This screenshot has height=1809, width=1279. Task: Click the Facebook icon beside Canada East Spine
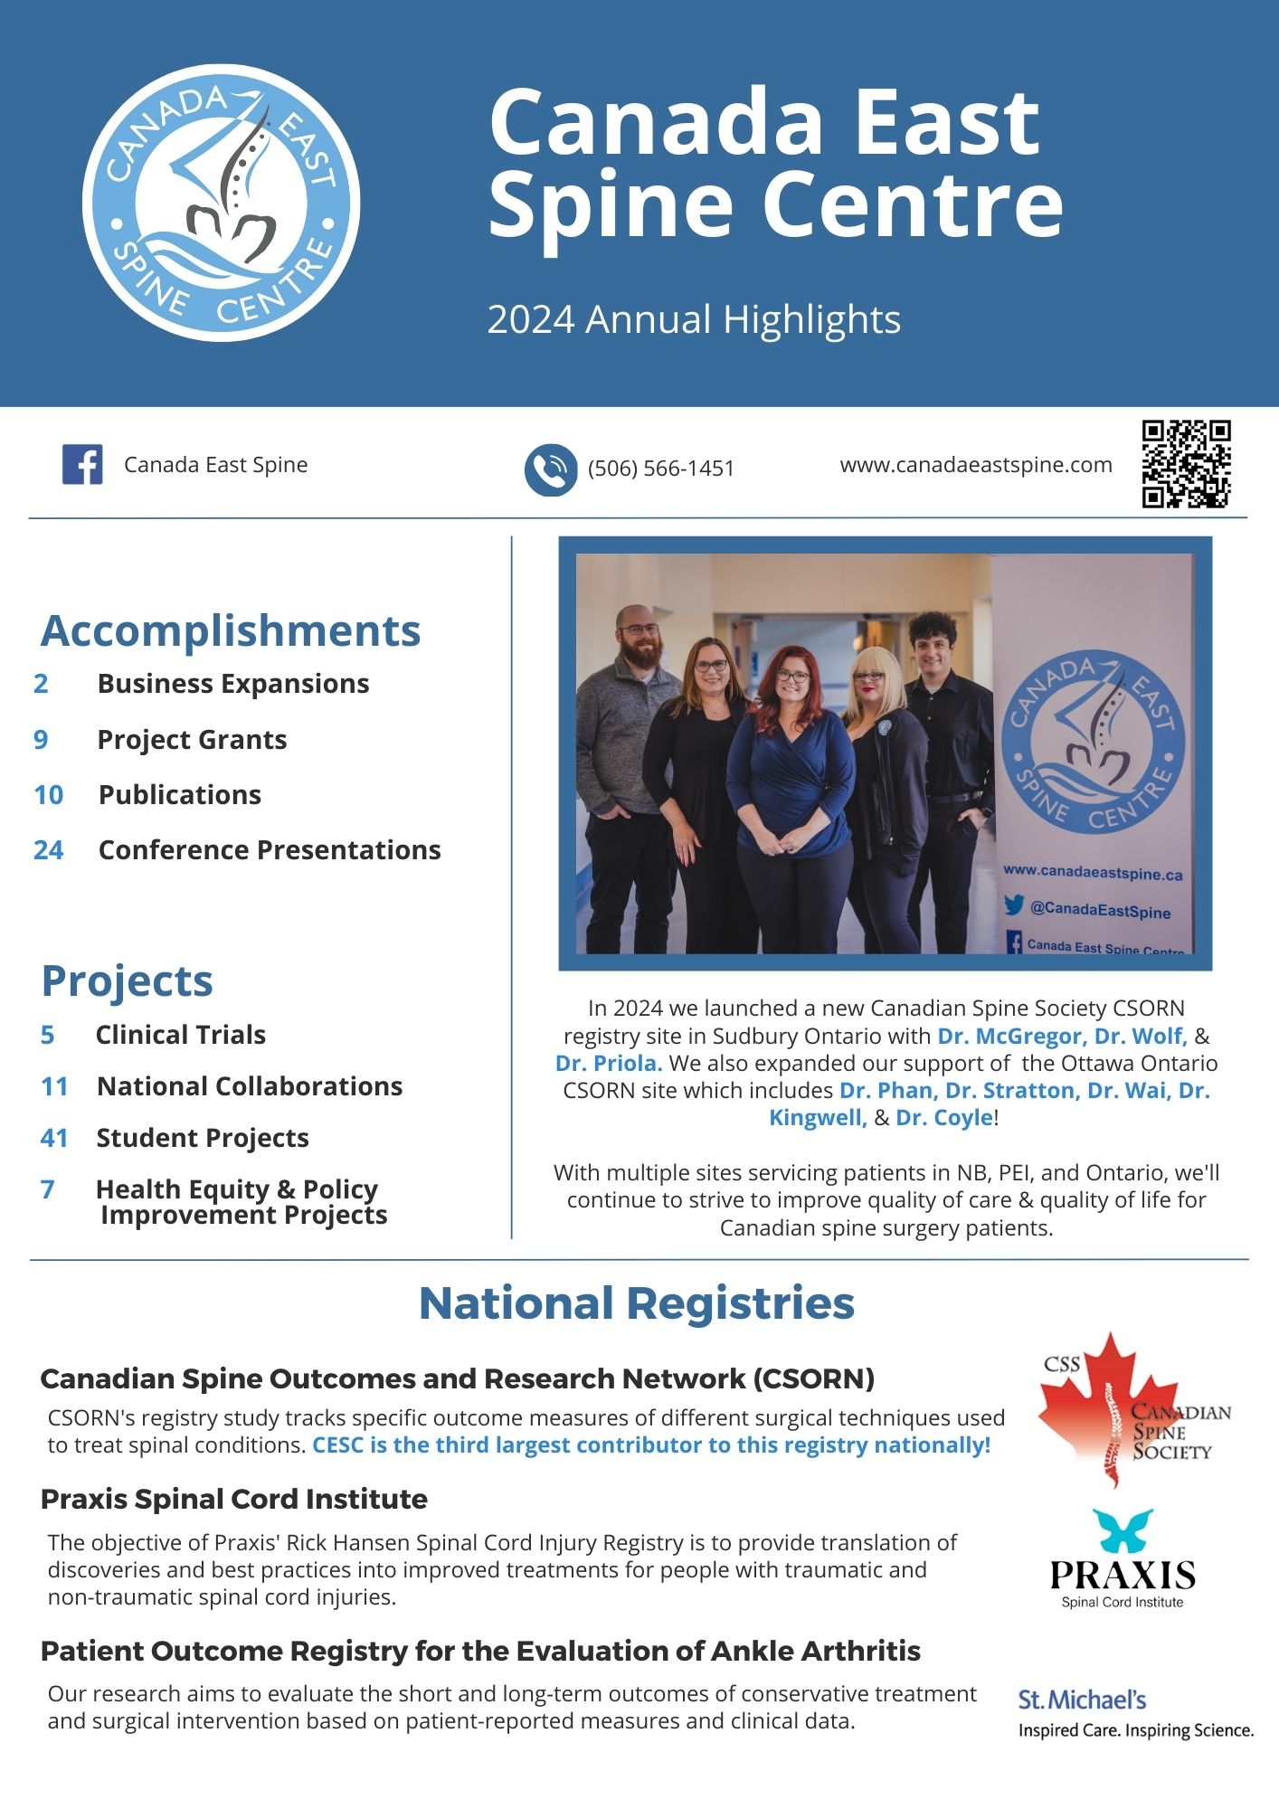click(82, 465)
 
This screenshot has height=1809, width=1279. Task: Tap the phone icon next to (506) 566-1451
click(550, 469)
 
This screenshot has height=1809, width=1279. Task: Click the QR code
click(1186, 464)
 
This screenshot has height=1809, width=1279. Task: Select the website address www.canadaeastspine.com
click(976, 465)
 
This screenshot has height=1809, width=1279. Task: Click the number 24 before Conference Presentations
click(49, 850)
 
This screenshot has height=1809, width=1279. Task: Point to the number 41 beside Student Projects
click(54, 1138)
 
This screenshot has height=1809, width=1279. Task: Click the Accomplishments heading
click(231, 630)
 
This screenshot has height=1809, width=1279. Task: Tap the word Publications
click(180, 795)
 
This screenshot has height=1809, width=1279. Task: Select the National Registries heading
click(637, 1303)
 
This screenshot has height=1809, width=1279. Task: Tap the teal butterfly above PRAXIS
click(1122, 1530)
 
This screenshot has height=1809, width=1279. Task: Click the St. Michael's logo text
click(1082, 1700)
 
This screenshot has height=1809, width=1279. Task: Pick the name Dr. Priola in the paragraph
click(609, 1063)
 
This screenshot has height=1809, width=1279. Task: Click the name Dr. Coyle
click(944, 1118)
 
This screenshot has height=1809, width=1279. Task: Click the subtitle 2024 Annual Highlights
click(694, 319)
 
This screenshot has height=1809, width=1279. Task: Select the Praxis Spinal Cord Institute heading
click(233, 1500)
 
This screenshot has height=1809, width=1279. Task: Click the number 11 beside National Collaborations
click(54, 1086)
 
